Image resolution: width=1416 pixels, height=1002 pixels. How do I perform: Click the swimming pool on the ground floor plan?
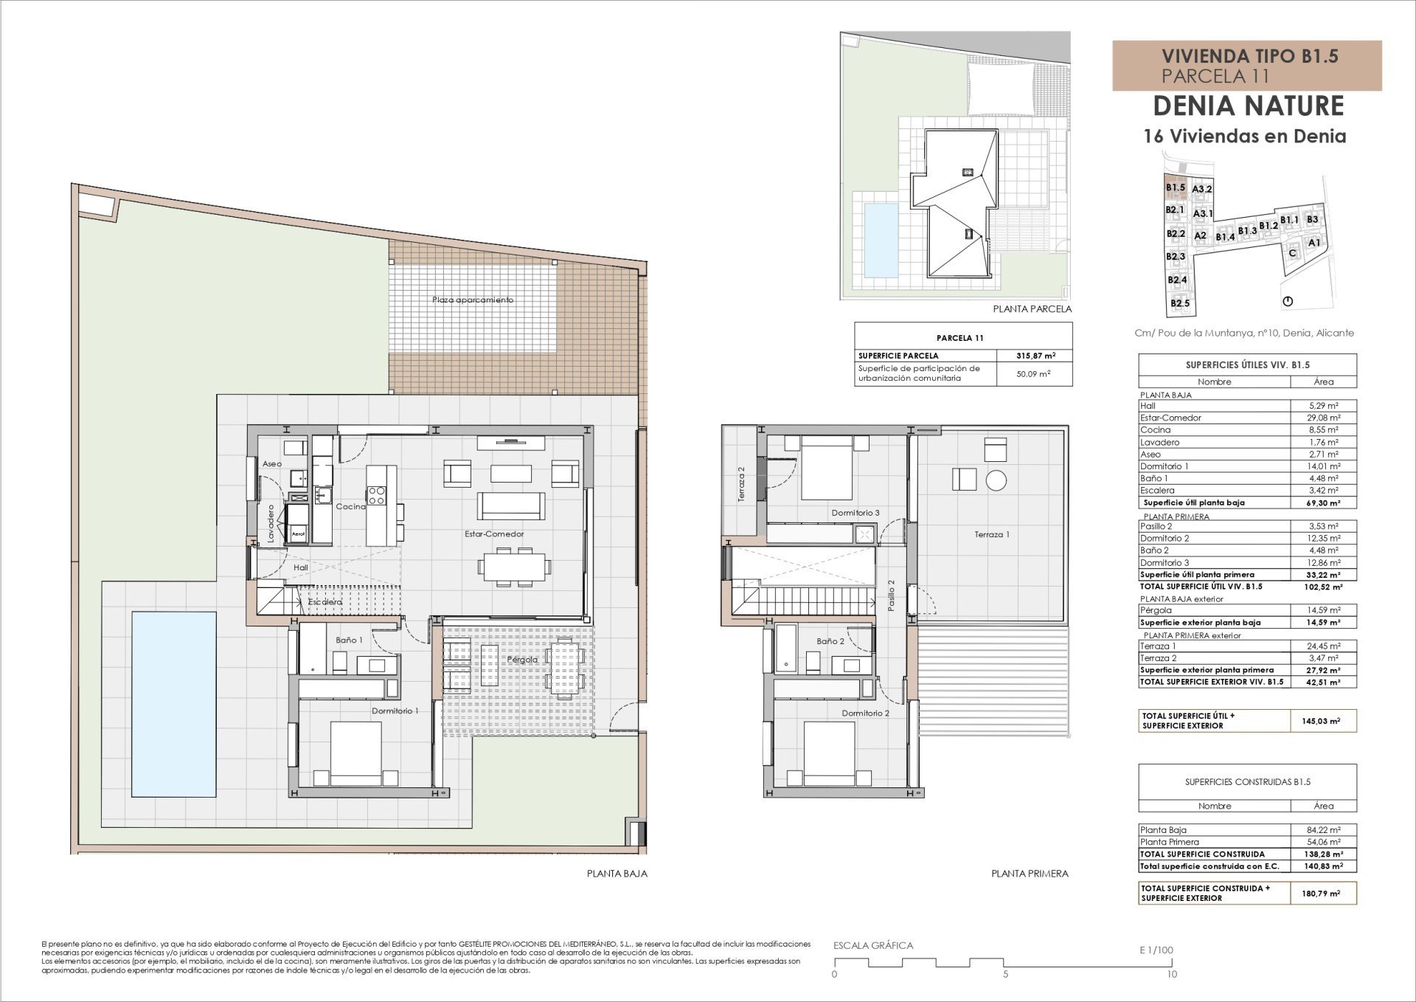tap(174, 704)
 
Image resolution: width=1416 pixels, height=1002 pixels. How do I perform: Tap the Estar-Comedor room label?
tap(494, 533)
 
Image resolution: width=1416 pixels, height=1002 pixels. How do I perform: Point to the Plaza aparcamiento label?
tap(473, 300)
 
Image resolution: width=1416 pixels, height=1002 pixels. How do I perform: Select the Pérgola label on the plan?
tap(522, 659)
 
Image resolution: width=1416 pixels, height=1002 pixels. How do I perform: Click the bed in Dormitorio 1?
tap(356, 753)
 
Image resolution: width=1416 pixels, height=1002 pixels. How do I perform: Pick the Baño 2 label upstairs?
tap(830, 641)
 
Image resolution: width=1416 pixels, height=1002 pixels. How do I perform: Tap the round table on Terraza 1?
tap(996, 480)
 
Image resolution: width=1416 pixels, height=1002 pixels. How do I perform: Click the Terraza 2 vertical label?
tap(741, 484)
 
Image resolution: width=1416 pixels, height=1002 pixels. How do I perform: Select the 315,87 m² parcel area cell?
tap(1035, 356)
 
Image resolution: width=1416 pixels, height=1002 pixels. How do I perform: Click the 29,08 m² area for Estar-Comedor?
tap(1323, 418)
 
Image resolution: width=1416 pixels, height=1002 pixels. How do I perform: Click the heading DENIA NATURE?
tap(1248, 106)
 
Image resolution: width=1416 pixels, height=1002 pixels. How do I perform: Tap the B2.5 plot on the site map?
tap(1179, 303)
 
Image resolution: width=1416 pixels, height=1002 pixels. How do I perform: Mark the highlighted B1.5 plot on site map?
tap(1175, 187)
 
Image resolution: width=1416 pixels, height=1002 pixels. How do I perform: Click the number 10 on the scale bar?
tap(1172, 974)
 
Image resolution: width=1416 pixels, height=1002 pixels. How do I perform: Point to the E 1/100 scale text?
tap(1156, 950)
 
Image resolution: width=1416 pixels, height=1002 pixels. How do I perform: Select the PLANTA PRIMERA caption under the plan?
tap(1030, 874)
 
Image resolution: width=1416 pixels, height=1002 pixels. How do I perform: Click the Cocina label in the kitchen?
tap(350, 506)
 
